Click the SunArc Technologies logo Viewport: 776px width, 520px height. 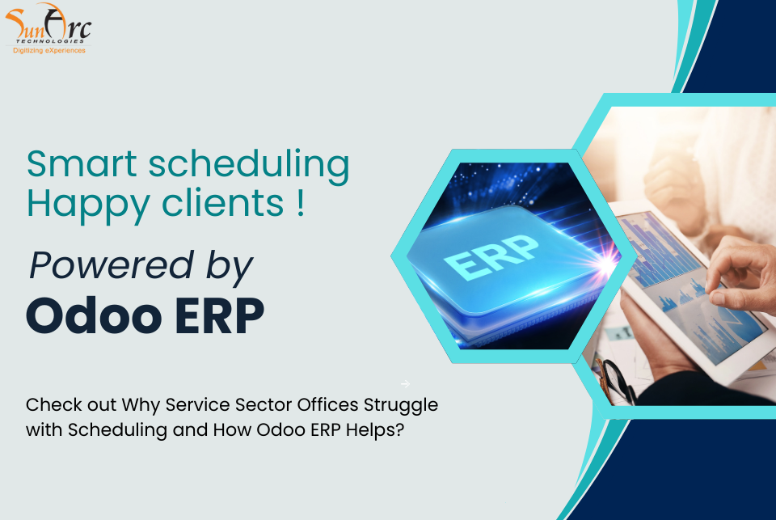[x=48, y=28]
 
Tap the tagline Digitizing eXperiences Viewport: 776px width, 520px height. [x=49, y=50]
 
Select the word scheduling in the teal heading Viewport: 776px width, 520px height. [x=249, y=166]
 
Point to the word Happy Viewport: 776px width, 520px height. [x=88, y=205]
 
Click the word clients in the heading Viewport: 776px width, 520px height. [x=223, y=202]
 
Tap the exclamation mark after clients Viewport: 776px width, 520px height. [x=301, y=202]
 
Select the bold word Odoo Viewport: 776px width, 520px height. [x=94, y=315]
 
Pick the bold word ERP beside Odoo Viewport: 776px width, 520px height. [x=220, y=316]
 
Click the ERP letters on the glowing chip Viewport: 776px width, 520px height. [x=490, y=256]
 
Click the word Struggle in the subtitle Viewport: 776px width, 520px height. [x=401, y=406]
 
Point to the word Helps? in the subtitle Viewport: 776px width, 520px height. [x=375, y=430]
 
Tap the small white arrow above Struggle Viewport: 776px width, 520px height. [x=405, y=384]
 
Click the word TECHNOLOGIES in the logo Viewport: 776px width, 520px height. [x=50, y=41]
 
